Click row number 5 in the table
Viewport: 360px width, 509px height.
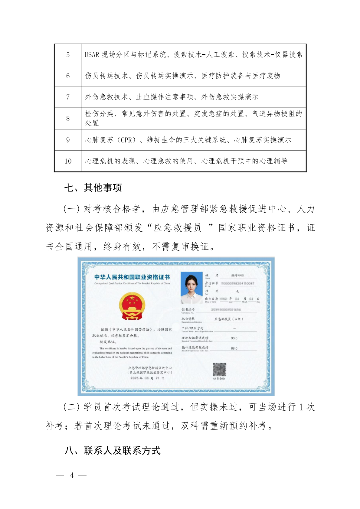(68, 55)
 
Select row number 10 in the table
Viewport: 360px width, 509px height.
(68, 161)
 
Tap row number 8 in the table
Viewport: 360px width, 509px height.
(68, 119)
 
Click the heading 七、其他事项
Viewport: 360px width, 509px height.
(93, 188)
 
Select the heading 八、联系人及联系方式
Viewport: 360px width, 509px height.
(112, 451)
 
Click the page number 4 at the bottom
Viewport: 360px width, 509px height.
(72, 475)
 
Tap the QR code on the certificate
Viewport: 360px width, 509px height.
(219, 369)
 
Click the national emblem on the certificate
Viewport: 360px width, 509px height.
(132, 306)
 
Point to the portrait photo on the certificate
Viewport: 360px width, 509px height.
(191, 288)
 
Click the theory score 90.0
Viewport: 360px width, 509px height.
(234, 338)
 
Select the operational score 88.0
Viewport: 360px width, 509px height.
(234, 348)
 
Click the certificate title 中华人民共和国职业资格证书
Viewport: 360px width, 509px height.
(132, 277)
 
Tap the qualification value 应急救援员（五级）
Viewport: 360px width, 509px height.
(229, 319)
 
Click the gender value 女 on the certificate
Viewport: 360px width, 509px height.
(237, 291)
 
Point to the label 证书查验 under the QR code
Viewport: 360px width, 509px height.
(219, 379)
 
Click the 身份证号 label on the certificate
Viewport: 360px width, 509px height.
(211, 283)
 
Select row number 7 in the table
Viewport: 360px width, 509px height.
(68, 97)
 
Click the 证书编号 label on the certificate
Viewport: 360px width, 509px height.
(188, 309)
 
